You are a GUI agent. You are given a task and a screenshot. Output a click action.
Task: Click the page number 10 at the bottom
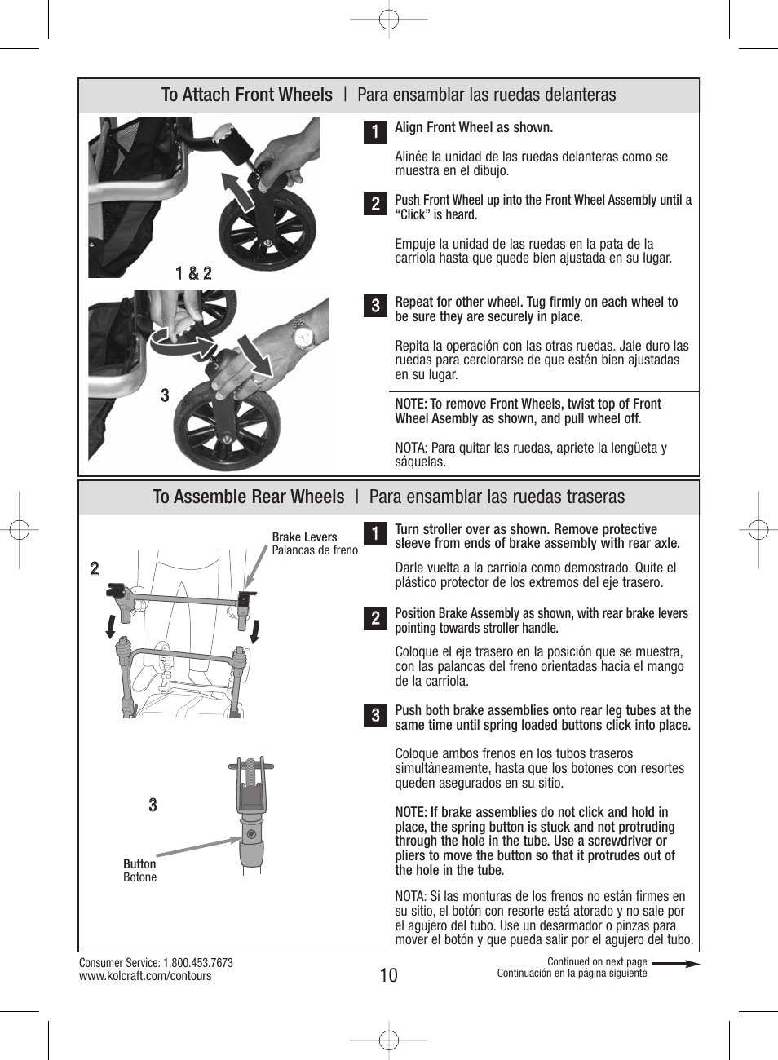coord(389,975)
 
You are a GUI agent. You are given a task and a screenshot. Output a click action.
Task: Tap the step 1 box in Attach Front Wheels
coord(375,131)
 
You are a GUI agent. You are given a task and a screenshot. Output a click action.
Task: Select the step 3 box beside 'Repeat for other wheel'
coord(375,306)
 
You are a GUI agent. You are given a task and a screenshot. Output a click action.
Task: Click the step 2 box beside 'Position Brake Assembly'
coord(375,618)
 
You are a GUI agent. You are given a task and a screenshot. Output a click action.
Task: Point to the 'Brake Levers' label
coord(304,537)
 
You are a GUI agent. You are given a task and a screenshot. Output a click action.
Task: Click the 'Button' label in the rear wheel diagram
coord(139,864)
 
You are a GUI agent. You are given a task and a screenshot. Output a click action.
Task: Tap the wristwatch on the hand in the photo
coord(303,335)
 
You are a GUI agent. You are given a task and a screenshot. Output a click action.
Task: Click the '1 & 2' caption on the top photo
coord(193,273)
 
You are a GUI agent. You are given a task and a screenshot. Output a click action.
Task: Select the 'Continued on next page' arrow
coord(675,964)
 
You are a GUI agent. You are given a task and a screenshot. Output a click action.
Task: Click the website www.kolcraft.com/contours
coord(145,976)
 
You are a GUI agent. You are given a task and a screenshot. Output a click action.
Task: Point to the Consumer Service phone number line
coord(156,963)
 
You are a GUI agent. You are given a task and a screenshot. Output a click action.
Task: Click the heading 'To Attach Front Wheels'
coord(247,95)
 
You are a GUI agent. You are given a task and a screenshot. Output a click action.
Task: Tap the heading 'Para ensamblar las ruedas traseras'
coord(497,497)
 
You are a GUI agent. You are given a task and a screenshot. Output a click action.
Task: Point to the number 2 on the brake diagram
coord(95,568)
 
